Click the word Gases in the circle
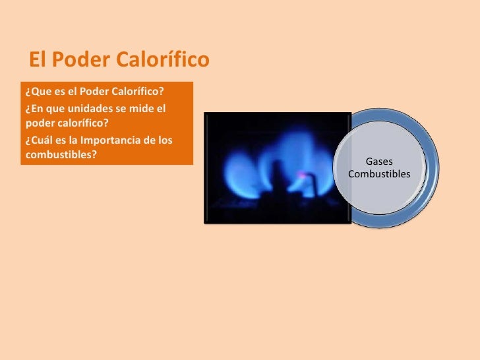coord(378,162)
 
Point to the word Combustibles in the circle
coord(378,174)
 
